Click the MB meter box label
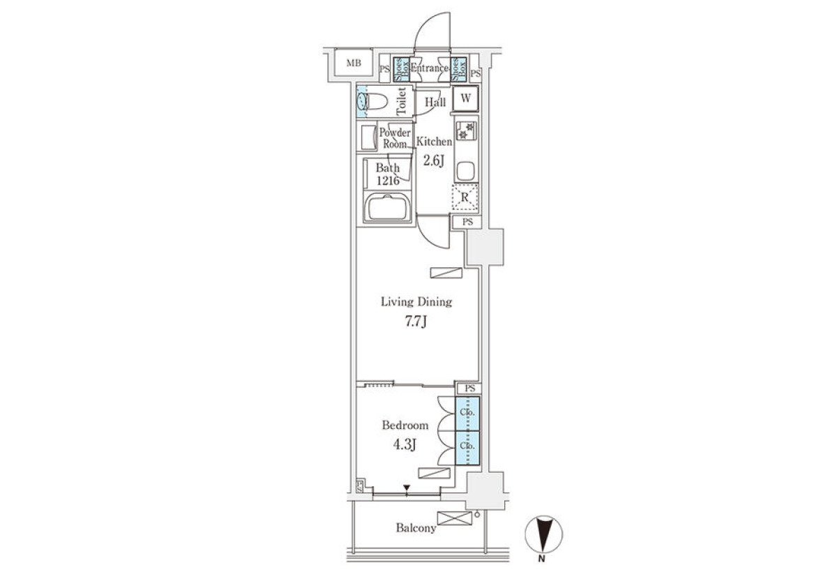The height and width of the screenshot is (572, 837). coord(354,63)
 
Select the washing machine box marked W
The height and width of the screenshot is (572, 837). coord(466,98)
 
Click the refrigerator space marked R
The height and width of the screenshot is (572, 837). coord(465,197)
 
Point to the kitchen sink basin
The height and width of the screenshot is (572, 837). coord(465,171)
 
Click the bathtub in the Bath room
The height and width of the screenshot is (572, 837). coord(388,208)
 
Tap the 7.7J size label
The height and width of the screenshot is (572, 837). coord(416,321)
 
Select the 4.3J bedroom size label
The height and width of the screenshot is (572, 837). coord(405,444)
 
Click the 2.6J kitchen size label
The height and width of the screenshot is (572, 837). coord(433,160)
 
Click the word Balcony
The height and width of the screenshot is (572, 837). coord(416,528)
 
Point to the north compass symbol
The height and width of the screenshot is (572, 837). coord(543,534)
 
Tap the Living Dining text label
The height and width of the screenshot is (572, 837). coord(416,301)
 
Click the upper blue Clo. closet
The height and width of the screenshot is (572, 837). coord(467,414)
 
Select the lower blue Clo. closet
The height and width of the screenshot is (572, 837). coord(467,448)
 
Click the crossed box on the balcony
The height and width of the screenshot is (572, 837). coord(454,518)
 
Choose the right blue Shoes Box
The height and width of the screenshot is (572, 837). coord(458,69)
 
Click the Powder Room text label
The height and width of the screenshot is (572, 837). coord(395,138)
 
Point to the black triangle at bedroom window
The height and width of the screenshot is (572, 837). coord(407,488)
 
